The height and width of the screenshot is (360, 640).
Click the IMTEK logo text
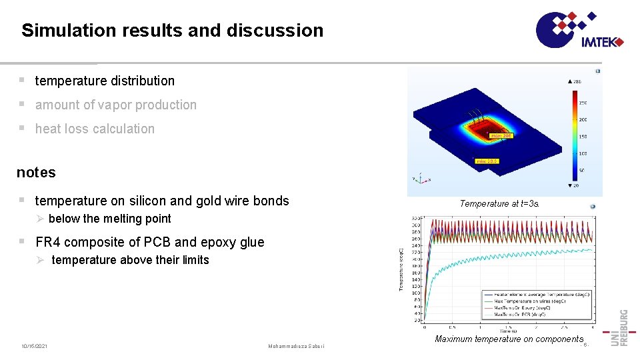pyautogui.click(x=600, y=42)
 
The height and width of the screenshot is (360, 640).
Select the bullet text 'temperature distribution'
pyautogui.click(x=105, y=81)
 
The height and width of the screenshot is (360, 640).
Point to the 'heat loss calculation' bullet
pyautogui.click(x=95, y=129)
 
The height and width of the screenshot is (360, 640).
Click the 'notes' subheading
pyautogui.click(x=36, y=172)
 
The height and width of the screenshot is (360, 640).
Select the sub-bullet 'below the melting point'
pyautogui.click(x=109, y=219)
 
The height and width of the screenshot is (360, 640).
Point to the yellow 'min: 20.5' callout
pyautogui.click(x=487, y=161)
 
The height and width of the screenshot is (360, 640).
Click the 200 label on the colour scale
pyautogui.click(x=583, y=119)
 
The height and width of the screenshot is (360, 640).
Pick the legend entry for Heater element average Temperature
pyautogui.click(x=537, y=294)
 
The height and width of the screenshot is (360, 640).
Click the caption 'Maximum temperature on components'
pyautogui.click(x=509, y=339)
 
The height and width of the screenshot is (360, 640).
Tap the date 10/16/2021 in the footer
pyautogui.click(x=34, y=346)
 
